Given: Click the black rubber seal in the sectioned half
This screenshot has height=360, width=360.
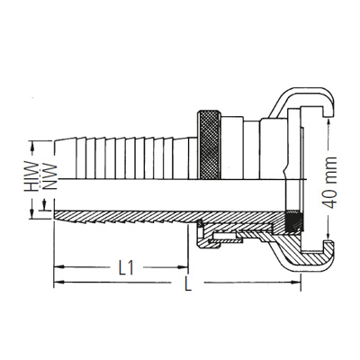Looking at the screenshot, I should pyautogui.click(x=290, y=220).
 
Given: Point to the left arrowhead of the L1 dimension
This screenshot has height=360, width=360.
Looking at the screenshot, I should pyautogui.click(x=59, y=267).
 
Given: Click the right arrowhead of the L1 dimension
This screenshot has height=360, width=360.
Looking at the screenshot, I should pyautogui.click(x=184, y=267).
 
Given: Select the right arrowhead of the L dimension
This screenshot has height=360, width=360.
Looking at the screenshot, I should pyautogui.click(x=298, y=283).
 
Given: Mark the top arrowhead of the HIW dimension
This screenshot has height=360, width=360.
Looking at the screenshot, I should pyautogui.click(x=34, y=143).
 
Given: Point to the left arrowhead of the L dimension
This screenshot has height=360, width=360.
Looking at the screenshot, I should pyautogui.click(x=59, y=283).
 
